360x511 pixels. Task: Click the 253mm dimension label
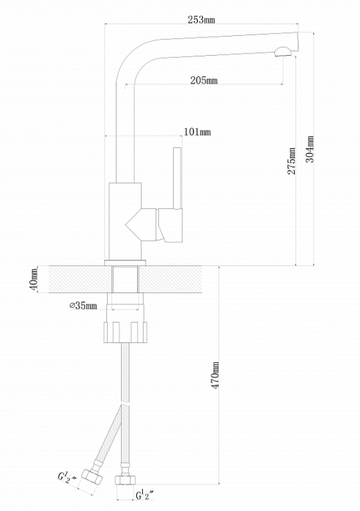click(202, 20)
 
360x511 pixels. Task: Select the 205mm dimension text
click(204, 80)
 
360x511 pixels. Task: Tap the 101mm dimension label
click(197, 132)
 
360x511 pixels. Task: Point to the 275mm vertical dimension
click(291, 161)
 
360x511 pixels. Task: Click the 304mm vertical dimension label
click(310, 149)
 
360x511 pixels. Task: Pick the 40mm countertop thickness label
click(34, 279)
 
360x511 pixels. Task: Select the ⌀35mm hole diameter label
click(83, 306)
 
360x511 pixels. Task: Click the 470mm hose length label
click(216, 375)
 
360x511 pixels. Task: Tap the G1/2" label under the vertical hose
click(144, 496)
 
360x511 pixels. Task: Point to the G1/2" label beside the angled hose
click(67, 477)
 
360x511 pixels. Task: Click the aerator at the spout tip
click(284, 52)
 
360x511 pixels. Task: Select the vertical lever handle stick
click(177, 178)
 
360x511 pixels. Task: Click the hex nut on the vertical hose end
click(125, 480)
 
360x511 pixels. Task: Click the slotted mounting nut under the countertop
click(125, 332)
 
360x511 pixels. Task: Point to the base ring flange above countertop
click(125, 262)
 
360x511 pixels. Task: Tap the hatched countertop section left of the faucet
click(80, 279)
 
